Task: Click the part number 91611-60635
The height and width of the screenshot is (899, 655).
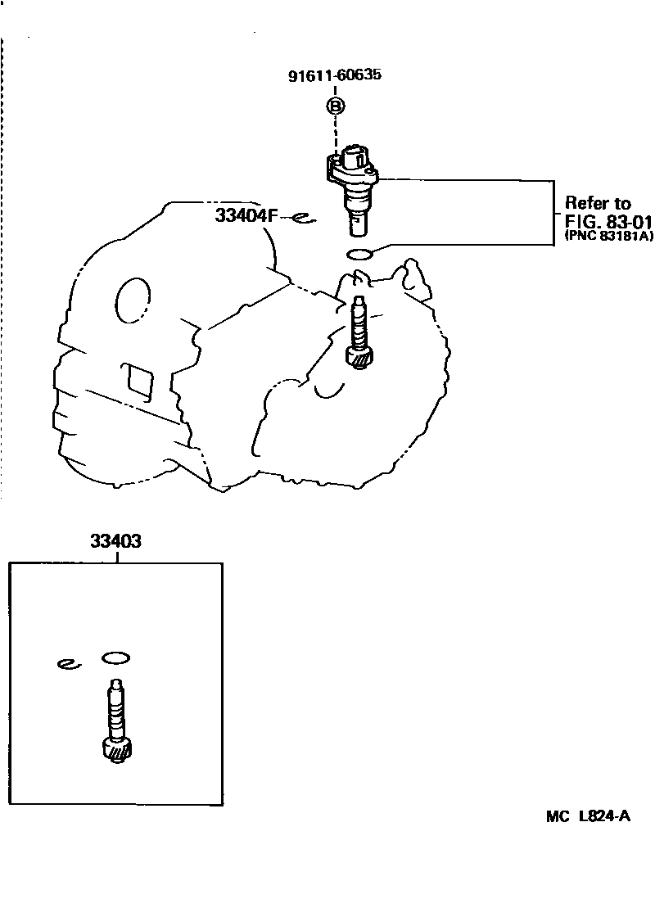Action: click(x=334, y=76)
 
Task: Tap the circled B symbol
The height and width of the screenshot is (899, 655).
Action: click(x=335, y=105)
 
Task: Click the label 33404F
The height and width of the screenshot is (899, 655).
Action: click(x=246, y=216)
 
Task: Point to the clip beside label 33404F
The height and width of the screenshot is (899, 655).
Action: click(x=303, y=217)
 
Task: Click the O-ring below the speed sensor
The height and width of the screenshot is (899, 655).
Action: click(x=360, y=253)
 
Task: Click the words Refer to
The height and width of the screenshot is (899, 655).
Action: click(x=598, y=203)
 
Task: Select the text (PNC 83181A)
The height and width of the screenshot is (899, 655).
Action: click(x=599, y=236)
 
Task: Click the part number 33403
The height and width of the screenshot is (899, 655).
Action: click(x=116, y=541)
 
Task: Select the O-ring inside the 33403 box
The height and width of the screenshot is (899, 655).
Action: click(x=116, y=657)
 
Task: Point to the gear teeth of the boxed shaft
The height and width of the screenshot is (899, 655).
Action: click(x=119, y=751)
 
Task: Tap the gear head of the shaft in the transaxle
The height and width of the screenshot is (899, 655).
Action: click(x=359, y=357)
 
